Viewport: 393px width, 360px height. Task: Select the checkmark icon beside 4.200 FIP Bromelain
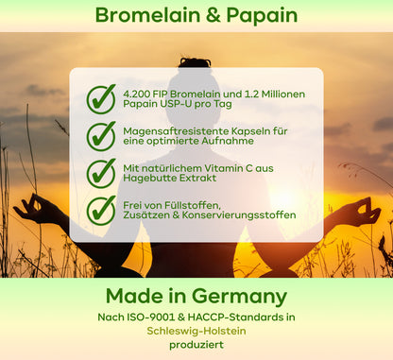point(101,98)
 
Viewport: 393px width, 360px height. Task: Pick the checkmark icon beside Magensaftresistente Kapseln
point(101,135)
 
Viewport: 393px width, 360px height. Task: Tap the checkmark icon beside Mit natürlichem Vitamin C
point(101,172)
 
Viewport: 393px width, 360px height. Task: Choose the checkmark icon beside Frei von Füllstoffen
point(101,209)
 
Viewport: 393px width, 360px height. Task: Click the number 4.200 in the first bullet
point(141,92)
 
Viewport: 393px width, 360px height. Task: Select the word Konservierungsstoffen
point(247,214)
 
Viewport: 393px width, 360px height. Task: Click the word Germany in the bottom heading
point(235,295)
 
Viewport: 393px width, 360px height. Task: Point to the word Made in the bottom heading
point(135,295)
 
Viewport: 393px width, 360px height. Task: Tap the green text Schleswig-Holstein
point(196,332)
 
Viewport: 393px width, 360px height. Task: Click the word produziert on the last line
point(196,346)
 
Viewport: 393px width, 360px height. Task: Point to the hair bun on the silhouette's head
point(196,62)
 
